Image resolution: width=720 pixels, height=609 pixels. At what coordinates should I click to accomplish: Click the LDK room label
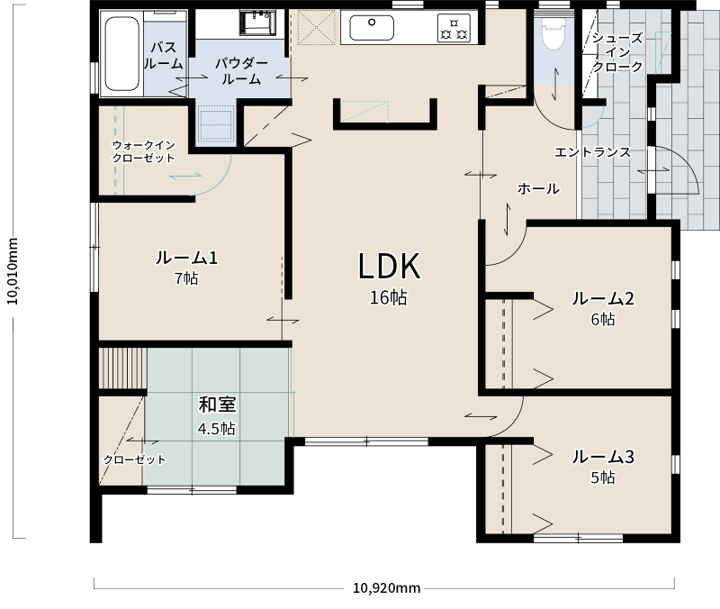(389, 266)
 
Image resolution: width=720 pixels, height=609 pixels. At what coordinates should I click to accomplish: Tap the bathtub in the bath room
(121, 54)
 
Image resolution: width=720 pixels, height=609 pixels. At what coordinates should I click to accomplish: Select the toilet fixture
(553, 33)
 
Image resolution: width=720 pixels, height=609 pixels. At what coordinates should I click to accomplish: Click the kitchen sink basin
(372, 28)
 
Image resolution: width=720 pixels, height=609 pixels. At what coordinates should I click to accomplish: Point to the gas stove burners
(454, 28)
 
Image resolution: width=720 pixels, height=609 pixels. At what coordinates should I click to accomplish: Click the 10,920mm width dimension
(387, 588)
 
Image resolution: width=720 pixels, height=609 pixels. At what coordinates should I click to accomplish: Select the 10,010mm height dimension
(13, 271)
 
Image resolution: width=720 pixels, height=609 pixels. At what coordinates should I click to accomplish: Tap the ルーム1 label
(186, 258)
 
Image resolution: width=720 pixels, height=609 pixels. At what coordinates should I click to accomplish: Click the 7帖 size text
(186, 278)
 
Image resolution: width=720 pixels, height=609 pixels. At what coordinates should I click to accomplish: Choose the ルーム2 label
(603, 299)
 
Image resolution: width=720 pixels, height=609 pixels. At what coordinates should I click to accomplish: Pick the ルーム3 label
(603, 457)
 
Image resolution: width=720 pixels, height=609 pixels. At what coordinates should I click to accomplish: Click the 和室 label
(217, 404)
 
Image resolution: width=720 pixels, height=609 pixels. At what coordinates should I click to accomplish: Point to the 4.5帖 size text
(217, 429)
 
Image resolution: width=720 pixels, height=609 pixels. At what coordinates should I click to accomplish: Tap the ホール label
(538, 189)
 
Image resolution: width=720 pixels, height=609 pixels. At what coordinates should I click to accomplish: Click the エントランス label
(592, 152)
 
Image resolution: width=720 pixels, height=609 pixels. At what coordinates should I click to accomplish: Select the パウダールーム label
(241, 71)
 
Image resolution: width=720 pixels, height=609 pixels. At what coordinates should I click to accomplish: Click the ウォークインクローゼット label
(144, 151)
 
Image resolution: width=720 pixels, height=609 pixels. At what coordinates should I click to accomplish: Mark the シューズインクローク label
(617, 52)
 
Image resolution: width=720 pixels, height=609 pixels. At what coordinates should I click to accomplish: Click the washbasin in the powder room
(257, 23)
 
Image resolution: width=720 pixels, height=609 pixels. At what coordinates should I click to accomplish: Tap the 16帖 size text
(389, 298)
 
